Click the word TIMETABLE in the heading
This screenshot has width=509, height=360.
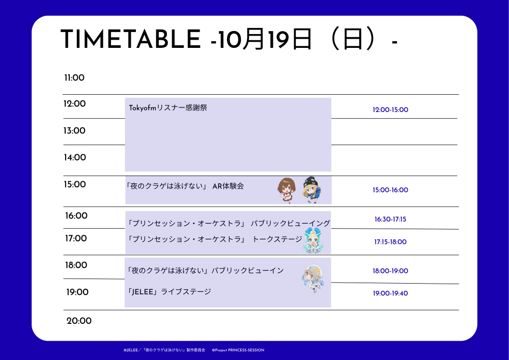[130, 39]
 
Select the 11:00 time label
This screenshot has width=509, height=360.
[74, 78]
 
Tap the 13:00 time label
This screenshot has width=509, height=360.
[74, 131]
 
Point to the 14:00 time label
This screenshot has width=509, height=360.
[75, 157]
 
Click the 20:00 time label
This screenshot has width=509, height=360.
[79, 321]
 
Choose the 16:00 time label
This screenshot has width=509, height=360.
[76, 216]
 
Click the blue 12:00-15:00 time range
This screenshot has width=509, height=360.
[390, 109]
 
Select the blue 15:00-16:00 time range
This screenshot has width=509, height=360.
[390, 190]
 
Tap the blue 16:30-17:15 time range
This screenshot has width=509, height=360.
[390, 219]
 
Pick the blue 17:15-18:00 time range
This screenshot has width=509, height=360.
[390, 242]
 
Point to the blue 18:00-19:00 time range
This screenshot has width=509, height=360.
[390, 271]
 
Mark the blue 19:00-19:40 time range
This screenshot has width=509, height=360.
[390, 293]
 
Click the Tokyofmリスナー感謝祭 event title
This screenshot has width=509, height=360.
[168, 108]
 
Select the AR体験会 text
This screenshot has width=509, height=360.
[228, 186]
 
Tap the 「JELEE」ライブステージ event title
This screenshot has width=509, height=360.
[169, 291]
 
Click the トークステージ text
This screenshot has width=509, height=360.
[277, 239]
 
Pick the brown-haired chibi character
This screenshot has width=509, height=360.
[286, 190]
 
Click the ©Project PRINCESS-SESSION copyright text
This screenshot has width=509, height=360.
[238, 350]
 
